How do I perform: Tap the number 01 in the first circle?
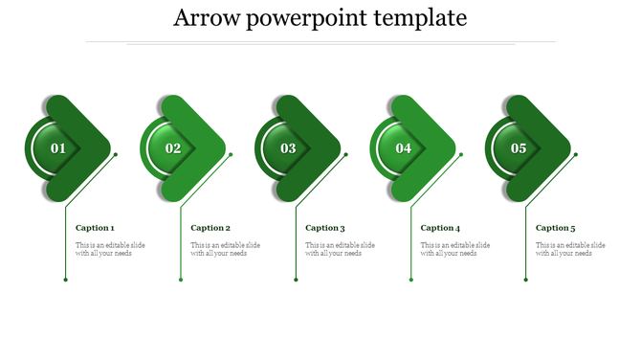[x=58, y=148]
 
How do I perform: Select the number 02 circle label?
[x=173, y=148]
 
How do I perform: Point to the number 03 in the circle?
[x=288, y=148]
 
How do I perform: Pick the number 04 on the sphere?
[x=404, y=148]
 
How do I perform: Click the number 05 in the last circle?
[x=519, y=148]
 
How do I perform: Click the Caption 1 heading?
[x=95, y=228]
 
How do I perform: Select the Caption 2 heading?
[x=210, y=228]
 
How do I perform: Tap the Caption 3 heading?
[x=325, y=228]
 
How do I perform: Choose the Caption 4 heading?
[x=440, y=228]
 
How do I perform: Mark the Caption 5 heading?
[x=556, y=228]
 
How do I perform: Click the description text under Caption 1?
[x=110, y=249]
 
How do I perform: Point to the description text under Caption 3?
[x=340, y=249]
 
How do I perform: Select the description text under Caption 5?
[x=570, y=249]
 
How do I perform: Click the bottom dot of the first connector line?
[x=65, y=280]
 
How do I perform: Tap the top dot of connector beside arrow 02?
[x=231, y=154]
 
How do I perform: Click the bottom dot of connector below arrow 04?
[x=410, y=280]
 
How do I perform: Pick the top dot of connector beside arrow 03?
[x=345, y=154]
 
